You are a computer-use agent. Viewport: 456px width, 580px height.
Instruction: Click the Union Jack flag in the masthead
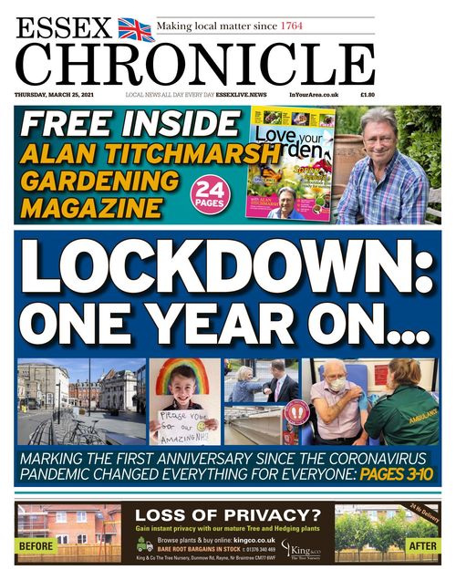click(137, 29)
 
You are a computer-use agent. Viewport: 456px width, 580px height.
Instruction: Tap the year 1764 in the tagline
click(293, 26)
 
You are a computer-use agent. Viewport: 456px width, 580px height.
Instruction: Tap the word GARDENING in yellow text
click(99, 180)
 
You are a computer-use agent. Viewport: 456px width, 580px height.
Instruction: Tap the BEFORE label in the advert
click(36, 546)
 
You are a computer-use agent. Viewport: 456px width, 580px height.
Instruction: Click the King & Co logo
click(300, 549)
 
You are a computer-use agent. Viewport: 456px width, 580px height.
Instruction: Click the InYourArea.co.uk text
click(315, 95)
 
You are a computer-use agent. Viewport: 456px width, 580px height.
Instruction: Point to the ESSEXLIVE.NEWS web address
click(240, 95)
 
